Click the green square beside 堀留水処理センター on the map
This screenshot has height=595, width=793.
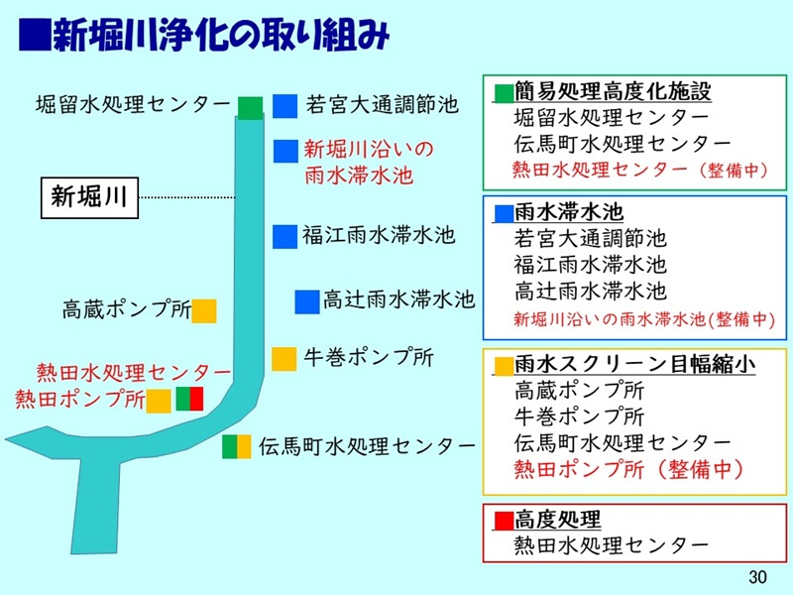click(x=250, y=105)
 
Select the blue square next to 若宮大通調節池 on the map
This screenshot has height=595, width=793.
click(x=285, y=105)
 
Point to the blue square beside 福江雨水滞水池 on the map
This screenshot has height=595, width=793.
click(x=285, y=236)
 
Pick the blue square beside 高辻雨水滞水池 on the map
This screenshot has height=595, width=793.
click(x=306, y=299)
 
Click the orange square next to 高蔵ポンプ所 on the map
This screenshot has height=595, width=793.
click(x=204, y=310)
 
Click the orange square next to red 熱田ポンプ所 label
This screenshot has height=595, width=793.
click(x=159, y=401)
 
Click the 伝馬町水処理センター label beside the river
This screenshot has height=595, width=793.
click(x=367, y=446)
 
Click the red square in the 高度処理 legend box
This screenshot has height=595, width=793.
click(x=504, y=520)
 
